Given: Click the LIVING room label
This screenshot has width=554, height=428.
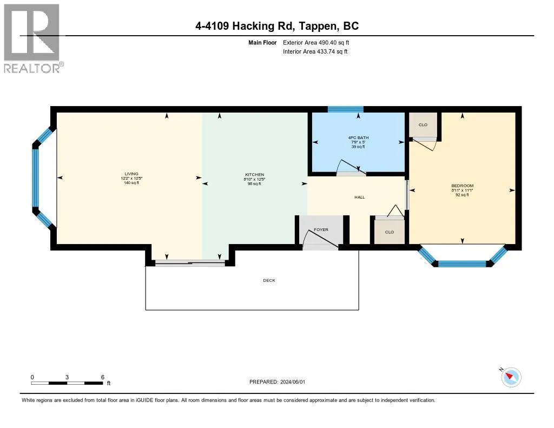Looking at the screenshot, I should pos(130,174).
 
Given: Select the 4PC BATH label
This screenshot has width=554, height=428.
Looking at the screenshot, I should pos(358,137).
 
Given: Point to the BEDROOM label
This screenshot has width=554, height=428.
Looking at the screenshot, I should pos(463,186).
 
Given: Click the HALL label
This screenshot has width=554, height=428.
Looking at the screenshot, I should pos(360,197).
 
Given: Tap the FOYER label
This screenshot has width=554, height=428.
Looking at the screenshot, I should pos(321,230).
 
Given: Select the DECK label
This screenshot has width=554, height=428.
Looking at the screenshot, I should pos(269,280).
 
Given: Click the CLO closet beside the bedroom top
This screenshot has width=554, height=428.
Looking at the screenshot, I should pos(423,125).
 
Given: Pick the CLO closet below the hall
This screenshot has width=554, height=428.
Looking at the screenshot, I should pos(389,232).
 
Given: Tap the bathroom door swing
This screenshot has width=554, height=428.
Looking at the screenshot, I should pos(349,168).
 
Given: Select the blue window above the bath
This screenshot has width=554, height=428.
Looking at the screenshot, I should pos(345,109).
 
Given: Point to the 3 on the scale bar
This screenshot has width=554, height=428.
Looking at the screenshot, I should pos(67,377).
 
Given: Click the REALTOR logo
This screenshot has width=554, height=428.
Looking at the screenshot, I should pos(32,38).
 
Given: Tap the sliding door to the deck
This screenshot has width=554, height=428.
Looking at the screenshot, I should pos(190,263).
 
